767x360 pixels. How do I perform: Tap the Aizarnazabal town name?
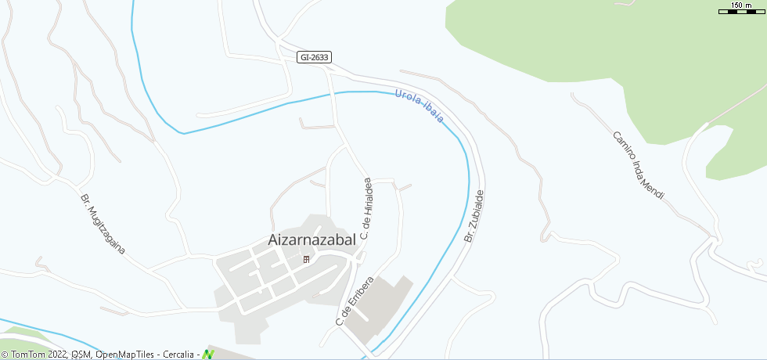[x=311, y=239]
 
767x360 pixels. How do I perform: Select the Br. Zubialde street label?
[x=475, y=215]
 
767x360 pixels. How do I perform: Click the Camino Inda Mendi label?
[x=638, y=165]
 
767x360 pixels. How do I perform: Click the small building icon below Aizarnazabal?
[x=306, y=259]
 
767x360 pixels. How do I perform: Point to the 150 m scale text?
[x=740, y=5]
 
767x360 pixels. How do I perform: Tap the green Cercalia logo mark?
[x=208, y=354]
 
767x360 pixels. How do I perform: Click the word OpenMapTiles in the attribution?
[x=124, y=355]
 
